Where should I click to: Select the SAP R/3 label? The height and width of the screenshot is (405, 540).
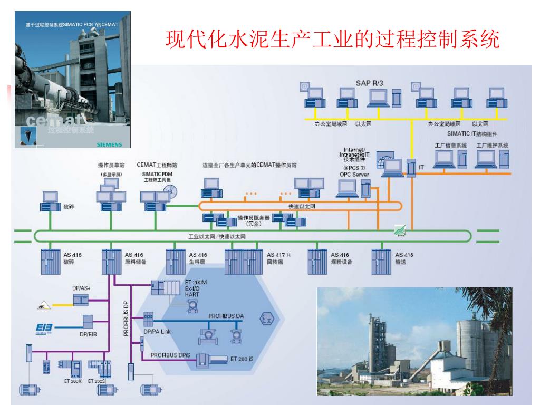pos(371,83)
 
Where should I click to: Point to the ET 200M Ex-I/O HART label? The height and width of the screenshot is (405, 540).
pos(196,289)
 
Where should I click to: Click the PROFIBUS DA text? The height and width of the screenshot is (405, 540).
pos(226,315)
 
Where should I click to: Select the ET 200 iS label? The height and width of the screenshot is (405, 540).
pos(242,359)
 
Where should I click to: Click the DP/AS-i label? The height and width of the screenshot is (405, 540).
pos(83,288)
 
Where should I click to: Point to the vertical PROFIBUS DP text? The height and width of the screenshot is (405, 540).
pos(126,319)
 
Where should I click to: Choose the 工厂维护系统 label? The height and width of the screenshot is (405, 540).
pos(492,145)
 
